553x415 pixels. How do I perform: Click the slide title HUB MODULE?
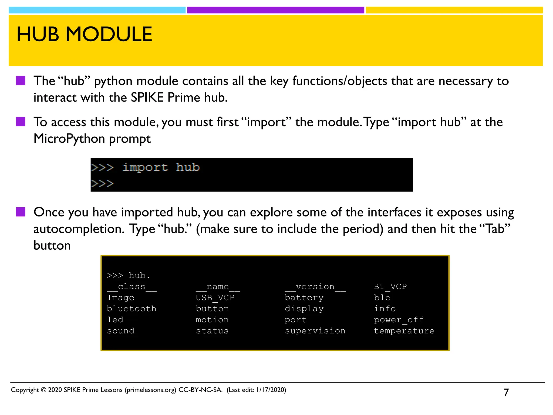84,35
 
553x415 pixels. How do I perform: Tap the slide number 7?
506,392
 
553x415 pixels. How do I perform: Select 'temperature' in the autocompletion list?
404,331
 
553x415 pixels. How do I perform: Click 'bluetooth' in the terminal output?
131,309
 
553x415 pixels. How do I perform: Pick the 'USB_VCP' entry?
215,298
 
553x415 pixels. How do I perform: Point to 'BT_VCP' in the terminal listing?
390,287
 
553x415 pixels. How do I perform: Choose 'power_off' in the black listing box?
399,320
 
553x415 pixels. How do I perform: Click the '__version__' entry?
315,287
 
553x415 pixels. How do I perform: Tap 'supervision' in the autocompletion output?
315,331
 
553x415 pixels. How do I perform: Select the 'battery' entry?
304,298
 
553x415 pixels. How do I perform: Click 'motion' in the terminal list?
212,320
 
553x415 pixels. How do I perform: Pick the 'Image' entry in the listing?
120,298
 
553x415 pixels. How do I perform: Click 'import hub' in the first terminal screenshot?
161,168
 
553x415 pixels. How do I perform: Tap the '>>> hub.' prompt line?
128,276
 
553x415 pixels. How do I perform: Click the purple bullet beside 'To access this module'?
21,122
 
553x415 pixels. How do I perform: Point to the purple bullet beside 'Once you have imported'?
21,212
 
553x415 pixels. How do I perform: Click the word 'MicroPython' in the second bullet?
69,139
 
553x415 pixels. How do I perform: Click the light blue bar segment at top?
97,10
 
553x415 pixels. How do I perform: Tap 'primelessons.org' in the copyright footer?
150,390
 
